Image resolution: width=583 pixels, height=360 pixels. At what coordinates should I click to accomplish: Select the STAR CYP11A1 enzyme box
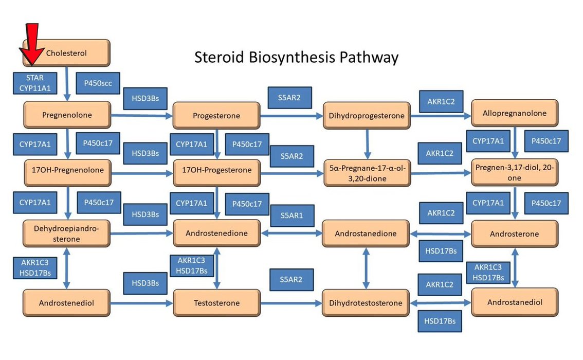35,83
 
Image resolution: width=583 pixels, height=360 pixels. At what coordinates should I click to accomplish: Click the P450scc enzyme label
98,83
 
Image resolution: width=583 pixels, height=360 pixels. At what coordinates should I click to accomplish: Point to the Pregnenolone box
67,115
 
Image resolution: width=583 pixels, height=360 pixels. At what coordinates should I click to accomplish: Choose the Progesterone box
216,116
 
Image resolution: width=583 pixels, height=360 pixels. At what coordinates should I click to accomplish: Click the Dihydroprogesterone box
367,116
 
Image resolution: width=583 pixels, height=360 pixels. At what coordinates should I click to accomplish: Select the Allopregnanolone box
515,113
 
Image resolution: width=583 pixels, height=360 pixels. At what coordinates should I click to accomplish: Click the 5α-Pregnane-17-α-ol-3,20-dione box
367,173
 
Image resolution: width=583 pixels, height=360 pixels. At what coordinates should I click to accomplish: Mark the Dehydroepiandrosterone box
67,234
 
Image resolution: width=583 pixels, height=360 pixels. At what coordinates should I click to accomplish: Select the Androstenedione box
216,233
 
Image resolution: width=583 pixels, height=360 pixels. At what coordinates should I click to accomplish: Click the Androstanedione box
366,233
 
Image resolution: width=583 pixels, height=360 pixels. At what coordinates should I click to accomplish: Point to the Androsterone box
515,234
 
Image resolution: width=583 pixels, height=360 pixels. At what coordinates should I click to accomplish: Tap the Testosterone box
216,303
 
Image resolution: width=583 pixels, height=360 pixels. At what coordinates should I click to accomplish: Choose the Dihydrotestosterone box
366,303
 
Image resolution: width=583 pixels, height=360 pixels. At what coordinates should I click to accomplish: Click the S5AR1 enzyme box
291,215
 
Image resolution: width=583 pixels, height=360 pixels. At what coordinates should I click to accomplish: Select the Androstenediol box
67,303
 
